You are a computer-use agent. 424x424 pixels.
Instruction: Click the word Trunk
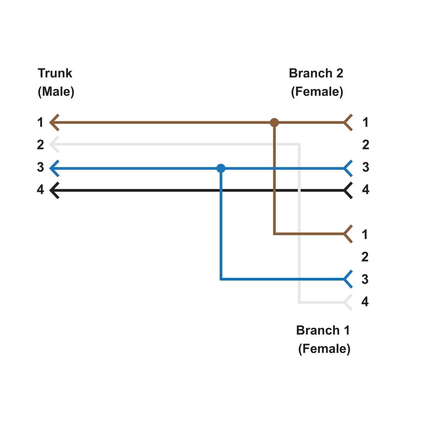coord(55,73)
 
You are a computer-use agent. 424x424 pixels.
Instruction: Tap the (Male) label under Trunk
coord(56,91)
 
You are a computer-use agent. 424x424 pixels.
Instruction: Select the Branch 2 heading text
coord(316,73)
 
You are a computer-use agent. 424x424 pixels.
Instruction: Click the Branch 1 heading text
coord(323,330)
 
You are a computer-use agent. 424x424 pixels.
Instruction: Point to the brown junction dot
coord(274,123)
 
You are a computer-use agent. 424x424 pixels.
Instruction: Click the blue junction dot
coord(221,168)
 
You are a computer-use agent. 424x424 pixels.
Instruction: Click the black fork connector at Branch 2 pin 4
coord(348,190)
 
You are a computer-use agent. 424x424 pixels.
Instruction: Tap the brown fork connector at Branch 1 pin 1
coord(348,234)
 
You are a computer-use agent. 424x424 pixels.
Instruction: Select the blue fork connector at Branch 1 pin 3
coord(348,279)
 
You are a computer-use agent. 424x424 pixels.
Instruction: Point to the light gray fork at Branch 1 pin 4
coord(348,302)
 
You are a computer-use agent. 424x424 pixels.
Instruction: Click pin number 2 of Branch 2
coord(365,145)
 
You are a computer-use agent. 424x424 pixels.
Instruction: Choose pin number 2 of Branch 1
coord(365,257)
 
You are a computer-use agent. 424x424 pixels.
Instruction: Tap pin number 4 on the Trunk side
coord(40,189)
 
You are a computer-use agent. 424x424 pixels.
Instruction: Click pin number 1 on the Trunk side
coord(40,123)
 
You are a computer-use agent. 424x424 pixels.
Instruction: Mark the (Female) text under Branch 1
coord(324,349)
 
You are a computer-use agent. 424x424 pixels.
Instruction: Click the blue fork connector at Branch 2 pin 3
coord(348,168)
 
